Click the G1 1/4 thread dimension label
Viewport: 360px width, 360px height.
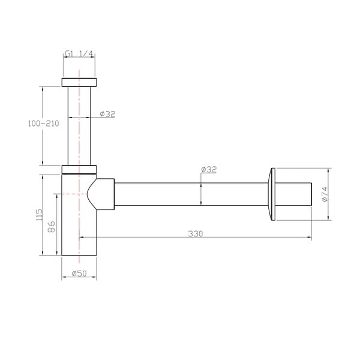79,54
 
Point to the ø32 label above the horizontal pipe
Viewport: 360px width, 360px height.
208,170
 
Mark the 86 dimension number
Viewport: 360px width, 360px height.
52,226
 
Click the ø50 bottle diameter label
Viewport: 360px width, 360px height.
80,274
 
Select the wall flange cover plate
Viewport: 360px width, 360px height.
273,194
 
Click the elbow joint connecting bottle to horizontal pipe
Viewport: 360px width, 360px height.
102,194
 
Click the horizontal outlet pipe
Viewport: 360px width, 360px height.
192,194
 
